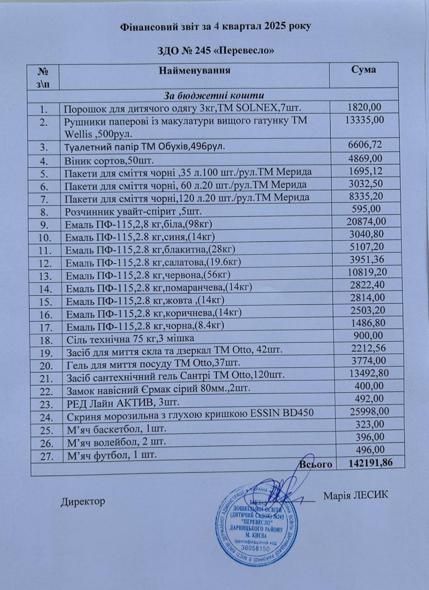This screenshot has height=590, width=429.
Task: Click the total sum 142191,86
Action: [370, 463]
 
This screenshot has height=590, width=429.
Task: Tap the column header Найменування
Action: [195, 70]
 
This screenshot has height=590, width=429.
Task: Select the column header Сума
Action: [363, 70]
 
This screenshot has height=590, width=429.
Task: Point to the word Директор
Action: [83, 502]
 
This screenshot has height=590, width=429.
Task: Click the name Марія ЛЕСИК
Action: [356, 495]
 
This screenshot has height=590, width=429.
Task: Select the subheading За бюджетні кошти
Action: [214, 96]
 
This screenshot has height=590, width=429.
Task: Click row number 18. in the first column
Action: [46, 340]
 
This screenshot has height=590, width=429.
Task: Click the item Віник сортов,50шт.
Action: [109, 161]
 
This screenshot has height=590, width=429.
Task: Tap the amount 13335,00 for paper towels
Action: [365, 120]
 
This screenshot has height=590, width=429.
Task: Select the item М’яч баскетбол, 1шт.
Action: [116, 430]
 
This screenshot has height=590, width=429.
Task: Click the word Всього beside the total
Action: [315, 465]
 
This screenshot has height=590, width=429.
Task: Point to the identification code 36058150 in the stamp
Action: [257, 548]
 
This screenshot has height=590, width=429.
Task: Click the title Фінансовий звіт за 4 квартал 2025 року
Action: [216, 27]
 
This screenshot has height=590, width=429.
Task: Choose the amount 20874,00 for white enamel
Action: [366, 221]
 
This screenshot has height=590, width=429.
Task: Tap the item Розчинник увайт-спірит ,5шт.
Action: [133, 212]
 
